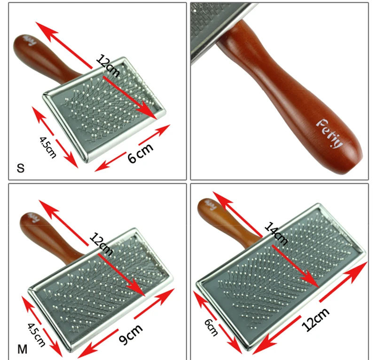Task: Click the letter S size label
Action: [20, 168]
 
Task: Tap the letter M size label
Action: [22, 349]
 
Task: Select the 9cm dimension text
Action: [130, 335]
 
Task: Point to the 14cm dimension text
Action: [275, 232]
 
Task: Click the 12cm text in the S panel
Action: [108, 66]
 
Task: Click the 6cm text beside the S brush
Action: [141, 153]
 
